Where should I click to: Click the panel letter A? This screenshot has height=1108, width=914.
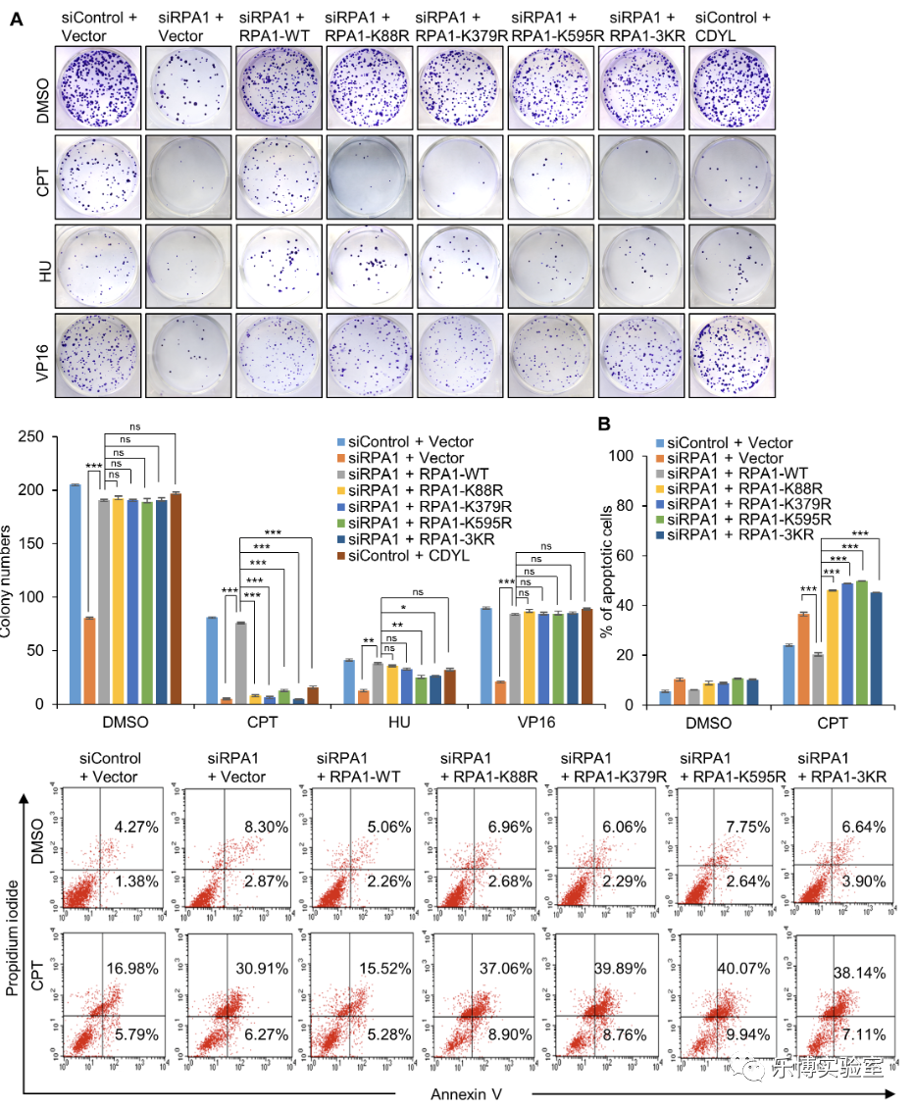[16, 19]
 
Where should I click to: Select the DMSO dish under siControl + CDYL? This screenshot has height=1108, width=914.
[733, 85]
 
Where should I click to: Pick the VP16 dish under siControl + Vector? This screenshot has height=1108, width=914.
[97, 355]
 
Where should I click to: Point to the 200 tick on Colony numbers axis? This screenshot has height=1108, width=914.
[37, 490]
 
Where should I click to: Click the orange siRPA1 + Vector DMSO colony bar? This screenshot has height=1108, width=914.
[88, 661]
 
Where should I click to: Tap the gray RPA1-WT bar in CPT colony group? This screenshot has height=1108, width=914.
[239, 663]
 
